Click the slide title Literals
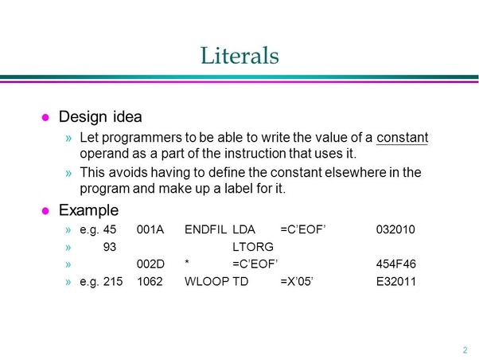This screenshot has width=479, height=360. coord(239,55)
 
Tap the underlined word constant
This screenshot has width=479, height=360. coord(402,137)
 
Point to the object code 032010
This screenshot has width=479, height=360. coord(395,230)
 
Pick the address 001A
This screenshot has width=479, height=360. coord(150,230)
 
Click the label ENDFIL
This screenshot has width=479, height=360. coord(204,230)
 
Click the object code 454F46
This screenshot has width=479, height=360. coord(395,264)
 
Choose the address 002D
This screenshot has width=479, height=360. coord(150,264)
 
